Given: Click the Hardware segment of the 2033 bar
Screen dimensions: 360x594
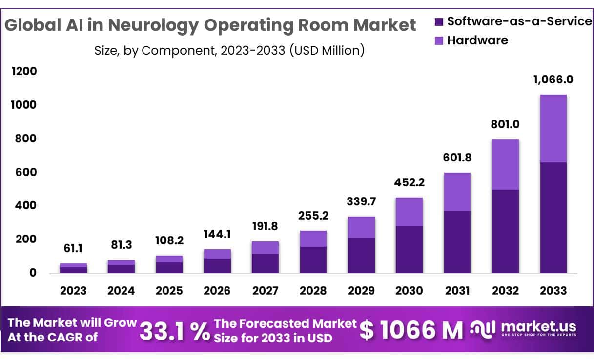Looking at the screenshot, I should pos(553,128).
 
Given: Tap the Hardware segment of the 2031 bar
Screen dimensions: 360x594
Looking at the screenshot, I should pos(457,192).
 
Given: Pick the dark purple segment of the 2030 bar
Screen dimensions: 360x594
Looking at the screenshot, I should pos(409,250).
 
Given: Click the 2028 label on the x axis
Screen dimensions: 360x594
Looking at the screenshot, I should pos(313,291).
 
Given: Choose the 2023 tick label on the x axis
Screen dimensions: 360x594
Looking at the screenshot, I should pos(73,291).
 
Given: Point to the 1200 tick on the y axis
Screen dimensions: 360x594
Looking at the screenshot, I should pos(24,72).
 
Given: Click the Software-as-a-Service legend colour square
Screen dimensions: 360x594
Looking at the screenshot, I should pos(439,21).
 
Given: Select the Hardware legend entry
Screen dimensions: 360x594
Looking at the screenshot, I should pos(477,40).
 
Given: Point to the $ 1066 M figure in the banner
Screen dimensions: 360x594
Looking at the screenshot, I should pos(412,331).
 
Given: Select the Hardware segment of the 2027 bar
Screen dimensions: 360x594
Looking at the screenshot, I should pos(265,247).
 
